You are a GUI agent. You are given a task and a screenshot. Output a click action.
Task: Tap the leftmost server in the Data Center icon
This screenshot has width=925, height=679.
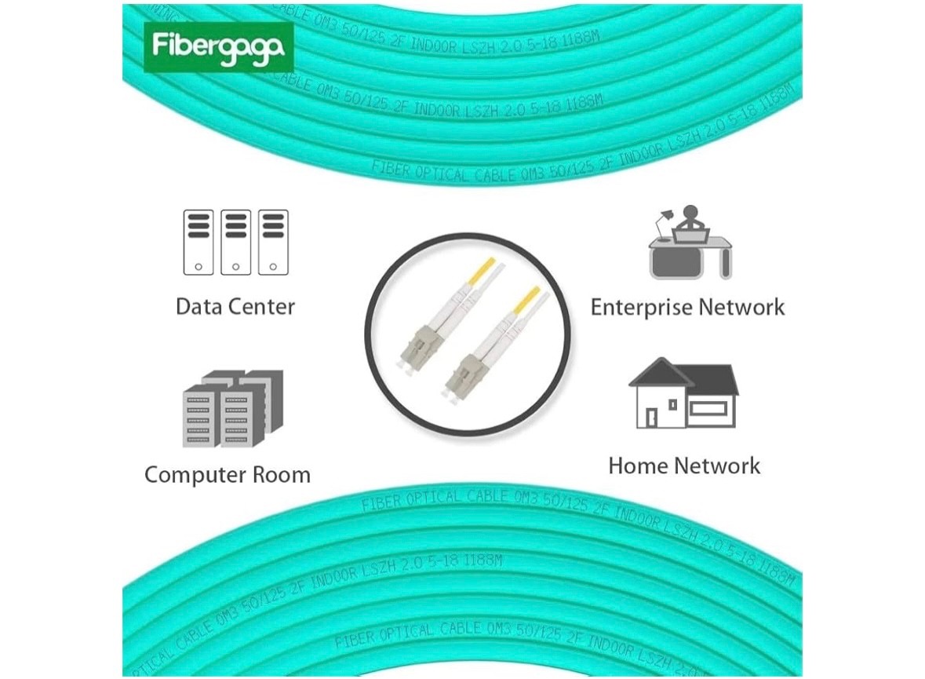(198, 242)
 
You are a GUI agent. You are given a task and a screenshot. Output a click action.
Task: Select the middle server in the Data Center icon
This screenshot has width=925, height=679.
(235, 242)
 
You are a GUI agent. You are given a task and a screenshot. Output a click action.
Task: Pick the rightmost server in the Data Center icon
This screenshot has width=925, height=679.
(273, 242)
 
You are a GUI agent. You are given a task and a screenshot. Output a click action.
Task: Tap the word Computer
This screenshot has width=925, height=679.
(195, 475)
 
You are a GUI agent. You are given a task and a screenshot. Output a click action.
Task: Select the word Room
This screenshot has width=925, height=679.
(281, 475)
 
